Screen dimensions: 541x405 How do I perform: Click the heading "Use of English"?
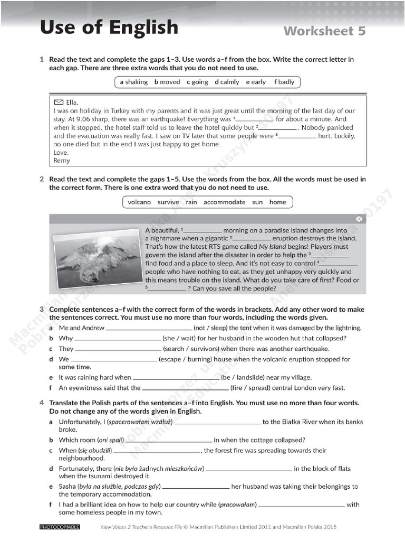[109, 27]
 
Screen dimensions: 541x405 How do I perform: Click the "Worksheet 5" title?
[324, 31]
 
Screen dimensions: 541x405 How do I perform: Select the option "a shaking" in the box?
[134, 82]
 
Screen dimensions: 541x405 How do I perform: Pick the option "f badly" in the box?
[284, 82]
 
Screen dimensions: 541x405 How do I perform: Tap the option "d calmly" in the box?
[227, 82]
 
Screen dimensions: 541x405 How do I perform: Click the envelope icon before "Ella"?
[59, 102]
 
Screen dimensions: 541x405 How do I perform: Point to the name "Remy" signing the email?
[62, 161]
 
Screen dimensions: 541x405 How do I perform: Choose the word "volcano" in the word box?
[139, 202]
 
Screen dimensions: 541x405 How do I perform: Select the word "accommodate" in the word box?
[224, 202]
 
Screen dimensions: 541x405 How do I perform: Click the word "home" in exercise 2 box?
[277, 202]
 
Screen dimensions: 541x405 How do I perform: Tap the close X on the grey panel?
[359, 219]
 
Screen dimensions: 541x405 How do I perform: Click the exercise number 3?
[42, 309]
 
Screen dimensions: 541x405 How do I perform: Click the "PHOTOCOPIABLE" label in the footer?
[60, 527]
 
